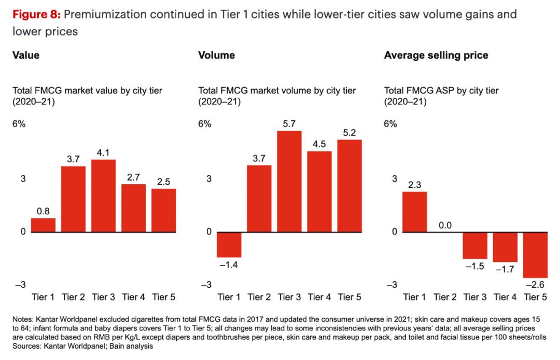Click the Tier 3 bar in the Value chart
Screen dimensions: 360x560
point(103,196)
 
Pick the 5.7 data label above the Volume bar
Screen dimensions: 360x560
point(289,124)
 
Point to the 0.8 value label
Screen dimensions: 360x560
point(43,211)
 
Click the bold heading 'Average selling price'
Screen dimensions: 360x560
point(436,55)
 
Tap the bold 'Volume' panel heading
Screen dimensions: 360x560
point(216,55)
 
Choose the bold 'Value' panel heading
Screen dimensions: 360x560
point(26,55)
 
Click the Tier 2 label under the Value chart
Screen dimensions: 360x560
point(73,297)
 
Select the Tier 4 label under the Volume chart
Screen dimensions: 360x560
point(319,297)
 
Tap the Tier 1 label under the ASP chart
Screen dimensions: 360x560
point(414,297)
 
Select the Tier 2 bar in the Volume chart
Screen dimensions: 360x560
point(259,198)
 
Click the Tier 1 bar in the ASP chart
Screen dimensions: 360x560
point(414,212)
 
